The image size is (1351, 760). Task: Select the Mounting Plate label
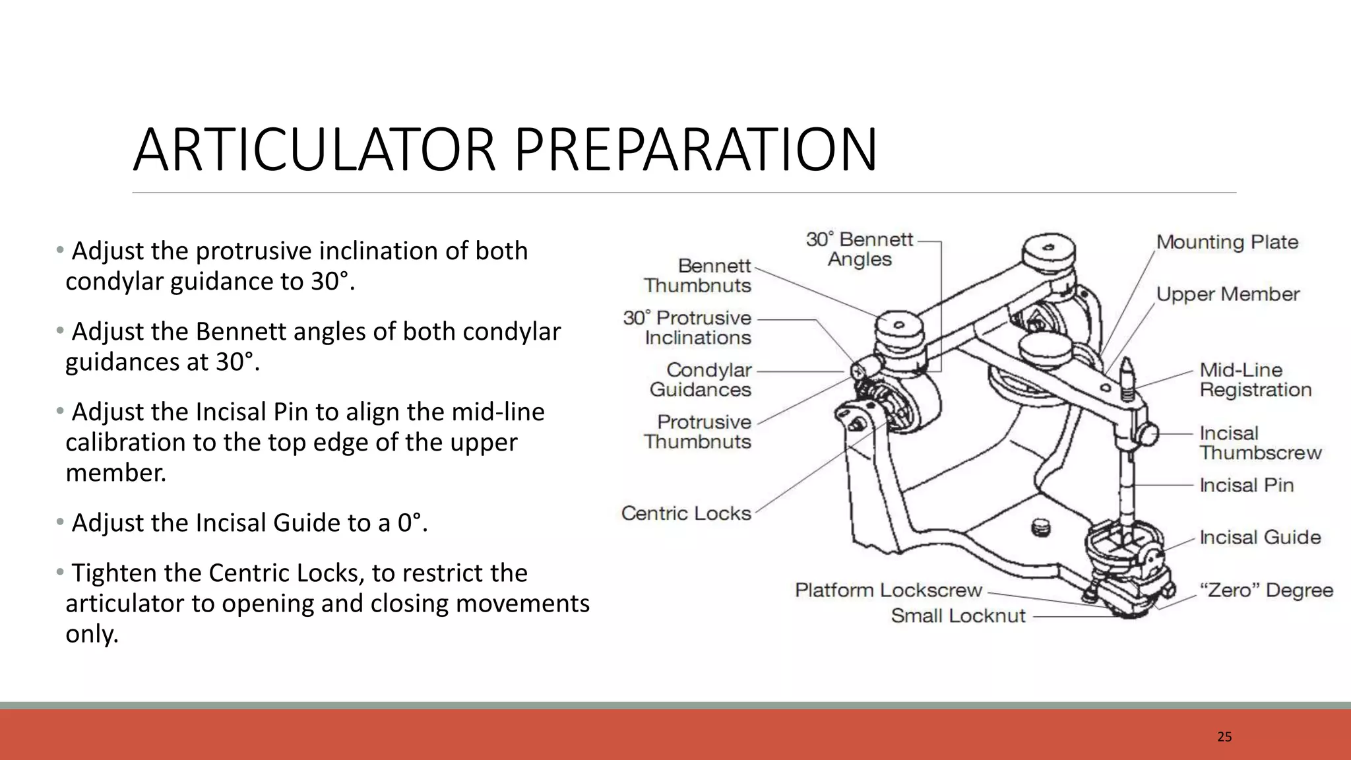(x=1227, y=242)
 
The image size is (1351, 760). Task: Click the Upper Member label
(x=1228, y=294)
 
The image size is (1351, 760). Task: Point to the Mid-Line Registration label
(x=1255, y=379)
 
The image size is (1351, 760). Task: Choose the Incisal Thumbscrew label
(x=1261, y=443)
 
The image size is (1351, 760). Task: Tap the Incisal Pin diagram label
(x=1247, y=485)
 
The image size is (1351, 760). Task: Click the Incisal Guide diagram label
(x=1260, y=537)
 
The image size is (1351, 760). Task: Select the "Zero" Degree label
(x=1266, y=590)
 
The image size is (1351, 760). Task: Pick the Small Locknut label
(x=958, y=616)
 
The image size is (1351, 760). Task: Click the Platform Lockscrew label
(x=889, y=590)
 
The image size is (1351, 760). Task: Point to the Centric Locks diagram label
(x=686, y=513)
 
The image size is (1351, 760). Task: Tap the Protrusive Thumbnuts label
(x=698, y=431)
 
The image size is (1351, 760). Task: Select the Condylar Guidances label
(x=701, y=379)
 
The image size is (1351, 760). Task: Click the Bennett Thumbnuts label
(x=698, y=275)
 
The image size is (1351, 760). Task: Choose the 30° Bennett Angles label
(x=860, y=249)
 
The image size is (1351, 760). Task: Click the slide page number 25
(x=1224, y=737)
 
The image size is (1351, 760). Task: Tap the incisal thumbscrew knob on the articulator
(x=1148, y=435)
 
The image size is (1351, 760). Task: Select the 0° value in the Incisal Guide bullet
(x=409, y=522)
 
